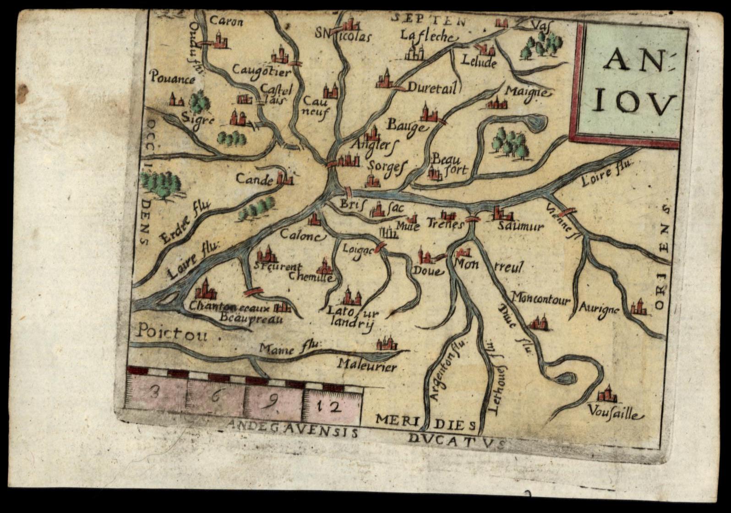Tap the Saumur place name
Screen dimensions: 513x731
[519, 226]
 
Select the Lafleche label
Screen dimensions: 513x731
[427, 36]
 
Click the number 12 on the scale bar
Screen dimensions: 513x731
[329, 405]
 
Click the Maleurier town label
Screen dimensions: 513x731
[366, 366]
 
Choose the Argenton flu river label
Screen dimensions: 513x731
[443, 372]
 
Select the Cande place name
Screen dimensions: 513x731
[254, 179]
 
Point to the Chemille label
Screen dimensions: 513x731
[311, 277]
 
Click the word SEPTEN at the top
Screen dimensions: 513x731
[429, 19]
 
